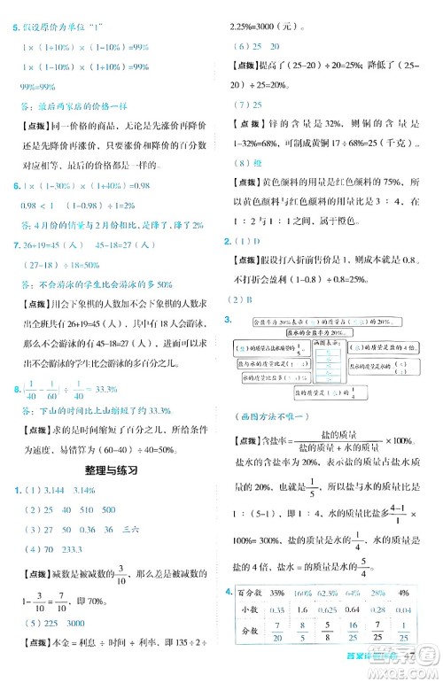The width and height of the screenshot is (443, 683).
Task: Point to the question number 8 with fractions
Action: (7, 386)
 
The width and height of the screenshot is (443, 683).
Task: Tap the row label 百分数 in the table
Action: (246, 593)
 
